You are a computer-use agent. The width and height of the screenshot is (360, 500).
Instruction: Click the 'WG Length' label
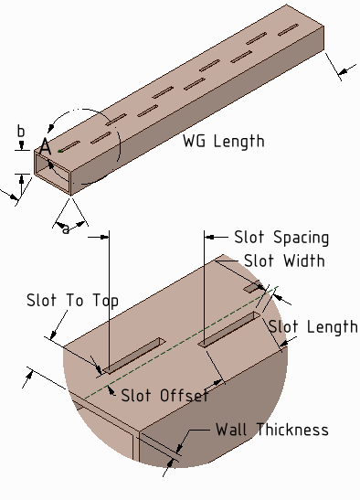[x=224, y=141]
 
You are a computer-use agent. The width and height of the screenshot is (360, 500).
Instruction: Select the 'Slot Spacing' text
[x=281, y=237]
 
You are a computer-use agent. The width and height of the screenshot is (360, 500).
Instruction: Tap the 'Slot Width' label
[x=284, y=261]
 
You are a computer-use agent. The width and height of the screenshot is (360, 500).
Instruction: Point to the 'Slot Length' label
[x=312, y=327]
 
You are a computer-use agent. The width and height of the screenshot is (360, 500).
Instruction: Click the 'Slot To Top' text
[x=72, y=301]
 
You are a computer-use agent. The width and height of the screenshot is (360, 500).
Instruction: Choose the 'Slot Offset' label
[x=164, y=395]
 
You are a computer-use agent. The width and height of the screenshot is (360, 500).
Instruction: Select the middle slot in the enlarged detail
[x=228, y=328]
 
